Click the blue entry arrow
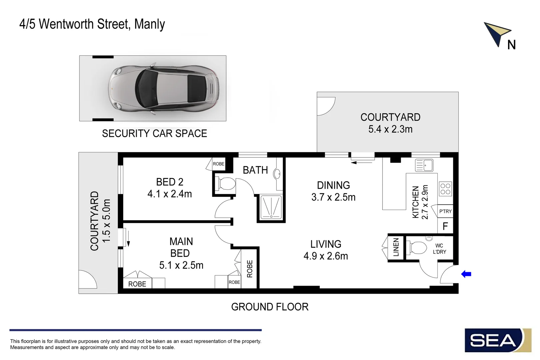466,274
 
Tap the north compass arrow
495,33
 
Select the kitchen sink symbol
424,165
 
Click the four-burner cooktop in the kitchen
445,189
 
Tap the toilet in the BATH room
225,184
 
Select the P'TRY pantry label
445,211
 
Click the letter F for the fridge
445,226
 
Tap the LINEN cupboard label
396,247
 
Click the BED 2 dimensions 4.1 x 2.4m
170,194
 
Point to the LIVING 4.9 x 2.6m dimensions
326,256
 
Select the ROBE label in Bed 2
219,164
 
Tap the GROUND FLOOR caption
270,307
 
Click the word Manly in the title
149,25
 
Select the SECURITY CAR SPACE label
154,133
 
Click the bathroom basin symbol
277,174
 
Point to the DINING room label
333,185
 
